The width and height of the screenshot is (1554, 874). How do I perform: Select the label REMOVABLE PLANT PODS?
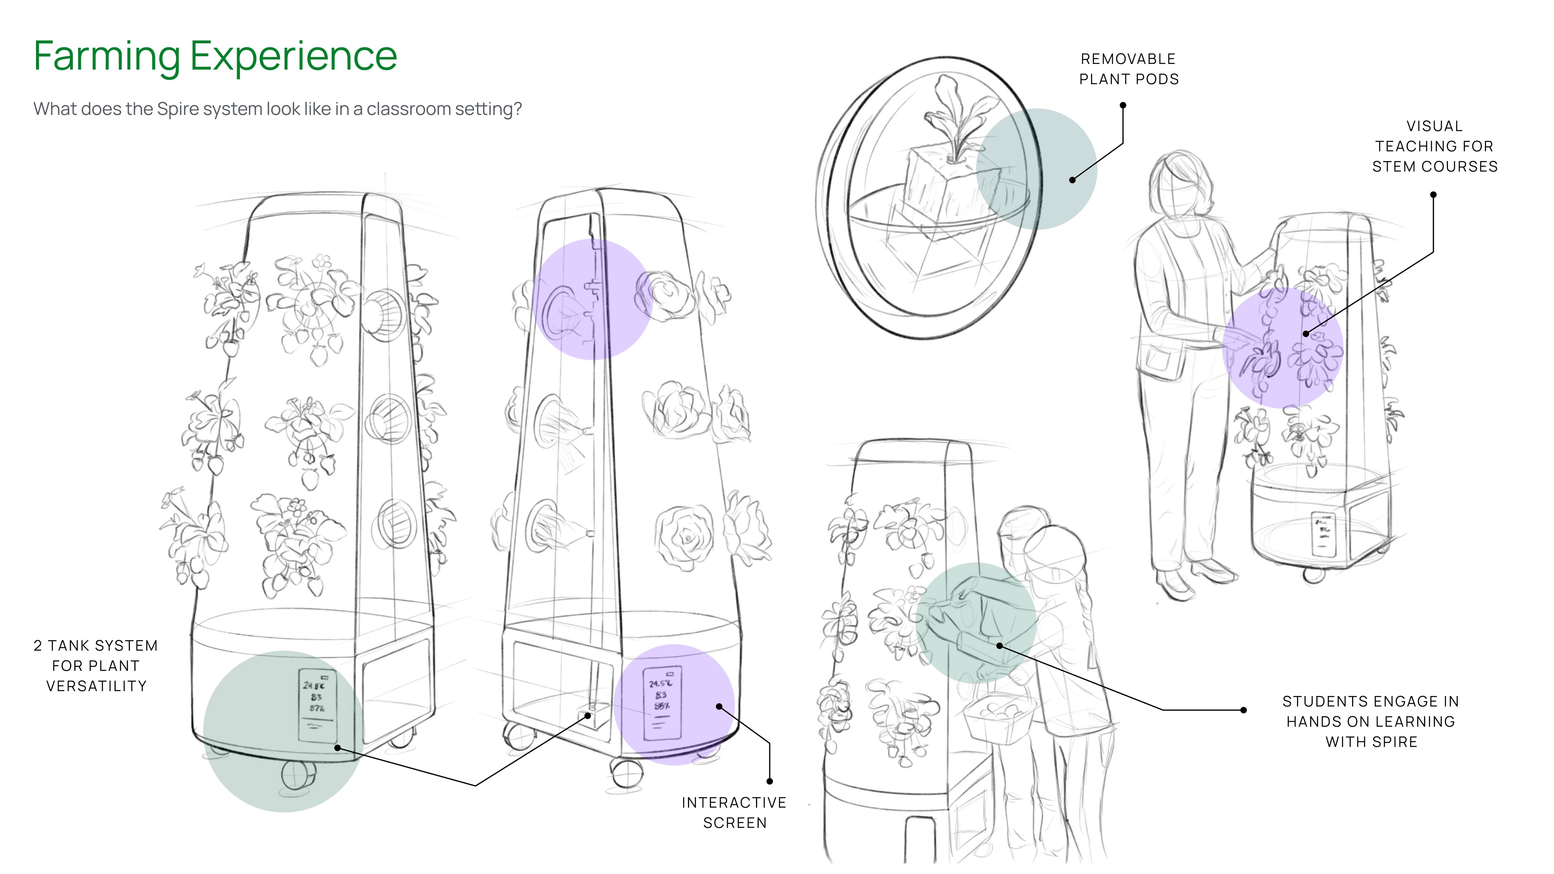click(x=1128, y=69)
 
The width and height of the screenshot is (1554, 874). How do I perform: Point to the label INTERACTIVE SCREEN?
click(x=734, y=812)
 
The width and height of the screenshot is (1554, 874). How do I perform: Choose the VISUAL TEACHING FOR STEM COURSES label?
click(x=1435, y=146)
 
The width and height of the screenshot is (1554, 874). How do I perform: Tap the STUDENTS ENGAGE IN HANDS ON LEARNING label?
click(x=1371, y=721)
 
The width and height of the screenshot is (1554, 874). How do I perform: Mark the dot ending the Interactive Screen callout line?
click(x=770, y=781)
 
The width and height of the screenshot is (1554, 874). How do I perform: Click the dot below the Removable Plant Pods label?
click(x=1123, y=105)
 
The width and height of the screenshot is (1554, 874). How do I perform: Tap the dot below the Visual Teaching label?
click(x=1433, y=195)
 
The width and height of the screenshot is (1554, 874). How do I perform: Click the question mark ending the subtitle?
click(x=518, y=109)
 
